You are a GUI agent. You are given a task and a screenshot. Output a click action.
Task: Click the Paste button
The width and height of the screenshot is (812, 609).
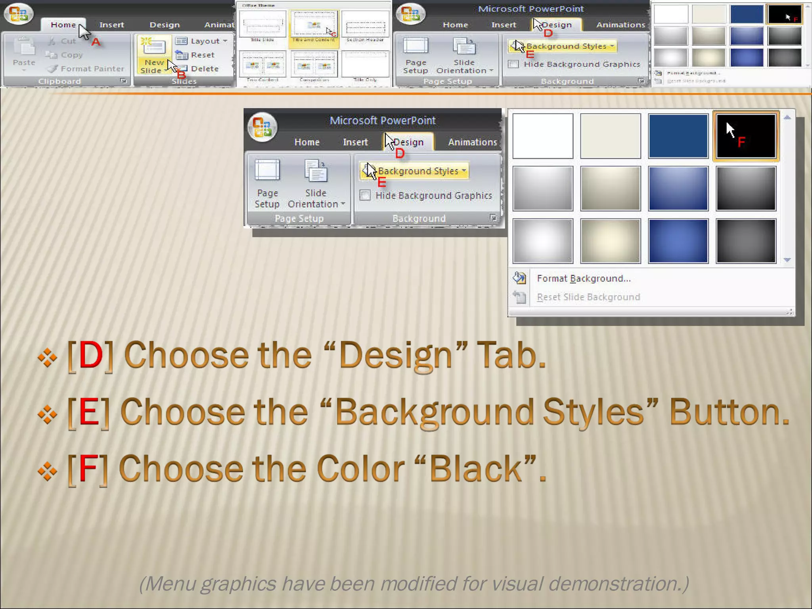(24, 54)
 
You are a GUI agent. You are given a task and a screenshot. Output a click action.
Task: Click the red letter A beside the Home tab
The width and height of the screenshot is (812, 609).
(96, 42)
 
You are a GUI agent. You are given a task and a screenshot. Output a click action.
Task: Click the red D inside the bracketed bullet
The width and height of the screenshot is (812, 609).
(90, 355)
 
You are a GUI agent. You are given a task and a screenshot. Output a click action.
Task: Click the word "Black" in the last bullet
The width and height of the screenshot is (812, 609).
(475, 469)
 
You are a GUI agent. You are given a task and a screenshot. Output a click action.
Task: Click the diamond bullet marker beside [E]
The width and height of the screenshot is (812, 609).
(48, 414)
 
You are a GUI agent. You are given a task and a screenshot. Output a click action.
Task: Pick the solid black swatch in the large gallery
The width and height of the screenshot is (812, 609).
(745, 136)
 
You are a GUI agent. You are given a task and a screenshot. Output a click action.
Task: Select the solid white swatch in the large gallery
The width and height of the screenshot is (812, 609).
(542, 136)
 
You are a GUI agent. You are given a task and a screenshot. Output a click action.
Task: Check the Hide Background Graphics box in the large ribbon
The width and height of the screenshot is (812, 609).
(365, 195)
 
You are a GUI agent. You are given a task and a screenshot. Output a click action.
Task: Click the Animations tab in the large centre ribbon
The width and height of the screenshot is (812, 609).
(472, 142)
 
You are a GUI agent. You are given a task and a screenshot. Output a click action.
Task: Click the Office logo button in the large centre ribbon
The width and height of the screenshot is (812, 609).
(262, 127)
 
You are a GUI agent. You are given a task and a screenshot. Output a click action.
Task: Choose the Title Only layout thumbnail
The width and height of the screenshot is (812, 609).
(365, 65)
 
